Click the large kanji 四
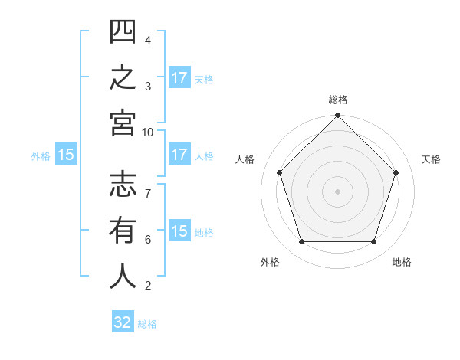coord(123,31)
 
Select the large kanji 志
coord(123,184)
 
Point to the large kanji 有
coord(123,230)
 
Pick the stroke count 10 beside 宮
coord(147,133)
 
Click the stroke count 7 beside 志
coord(148,194)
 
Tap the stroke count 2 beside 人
coord(148,286)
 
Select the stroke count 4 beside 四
coord(148,41)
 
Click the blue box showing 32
coord(123,321)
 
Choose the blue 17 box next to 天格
coord(179,77)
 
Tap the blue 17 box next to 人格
coord(179,154)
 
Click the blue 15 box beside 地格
coord(179,230)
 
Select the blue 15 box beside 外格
coord(66,154)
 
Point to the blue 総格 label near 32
coord(147,324)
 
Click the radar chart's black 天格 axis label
coord(431,159)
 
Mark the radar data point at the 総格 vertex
coord(337,115)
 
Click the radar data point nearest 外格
coord(302,241)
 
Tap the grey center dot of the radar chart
coord(337,191)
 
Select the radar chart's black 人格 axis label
coord(245,159)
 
